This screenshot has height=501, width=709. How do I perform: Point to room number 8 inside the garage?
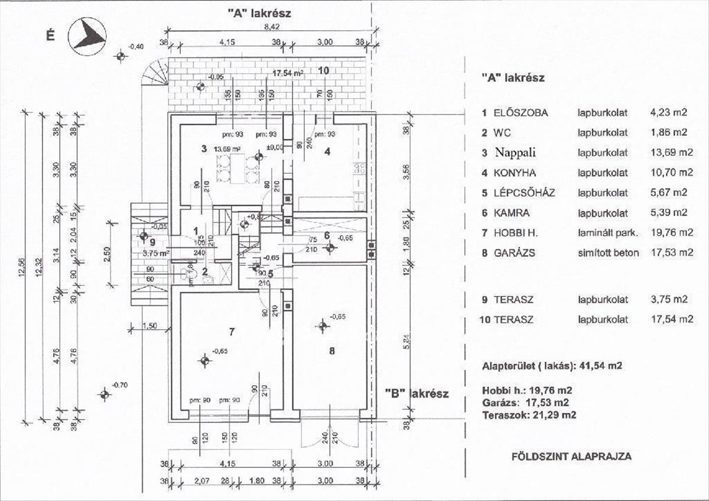point(332,350)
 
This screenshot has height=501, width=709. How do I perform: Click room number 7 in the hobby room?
point(232,332)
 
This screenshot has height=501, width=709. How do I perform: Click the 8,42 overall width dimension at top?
point(272,26)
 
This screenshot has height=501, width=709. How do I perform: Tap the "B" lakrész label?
point(417,393)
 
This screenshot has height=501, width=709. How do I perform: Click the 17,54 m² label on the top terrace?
point(288,73)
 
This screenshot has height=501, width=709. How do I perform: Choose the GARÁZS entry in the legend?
point(517,252)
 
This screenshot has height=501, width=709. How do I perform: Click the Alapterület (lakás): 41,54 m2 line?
point(552,366)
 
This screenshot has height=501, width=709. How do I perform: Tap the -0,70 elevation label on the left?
point(120,385)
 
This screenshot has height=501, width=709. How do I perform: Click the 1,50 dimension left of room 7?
point(150,326)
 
